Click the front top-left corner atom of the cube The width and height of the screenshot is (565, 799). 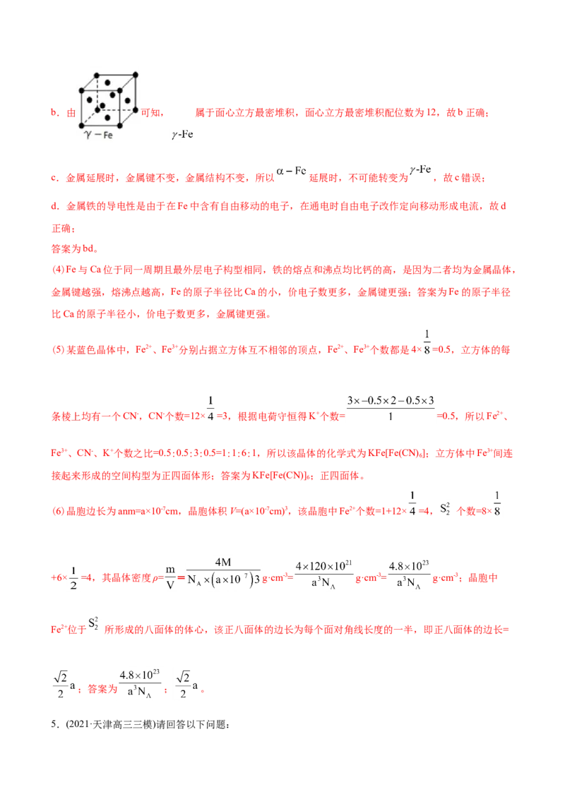point(82,91)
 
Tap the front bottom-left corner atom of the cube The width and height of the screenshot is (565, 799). point(82,126)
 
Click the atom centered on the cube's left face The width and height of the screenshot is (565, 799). point(90,100)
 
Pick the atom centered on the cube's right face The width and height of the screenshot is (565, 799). point(128,100)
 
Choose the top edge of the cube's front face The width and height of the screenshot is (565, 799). point(101,91)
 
